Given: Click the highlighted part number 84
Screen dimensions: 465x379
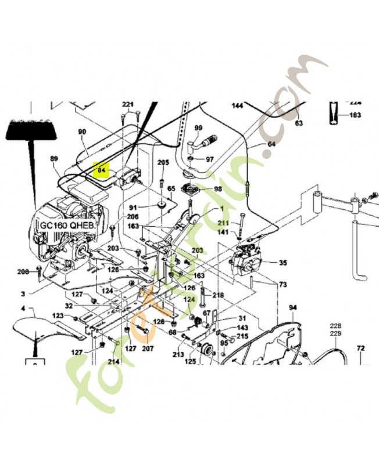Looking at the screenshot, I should tap(102, 170).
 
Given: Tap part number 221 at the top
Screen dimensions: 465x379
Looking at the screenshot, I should tap(128, 105).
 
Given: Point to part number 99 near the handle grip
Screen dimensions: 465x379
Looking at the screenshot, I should tap(198, 128).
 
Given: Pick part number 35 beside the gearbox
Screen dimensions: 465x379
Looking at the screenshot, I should tap(283, 263).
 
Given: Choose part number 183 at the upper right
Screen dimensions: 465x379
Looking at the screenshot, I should tap(355, 115).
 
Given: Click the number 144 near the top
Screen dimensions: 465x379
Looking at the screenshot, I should tap(238, 106).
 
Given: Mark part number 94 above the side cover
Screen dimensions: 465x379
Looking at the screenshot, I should tap(292, 307).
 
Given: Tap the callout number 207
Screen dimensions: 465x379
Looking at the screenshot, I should tap(148, 349).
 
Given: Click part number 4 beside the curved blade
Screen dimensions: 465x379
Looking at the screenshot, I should tap(23, 308).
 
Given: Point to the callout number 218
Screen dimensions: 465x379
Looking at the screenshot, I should tap(218, 295).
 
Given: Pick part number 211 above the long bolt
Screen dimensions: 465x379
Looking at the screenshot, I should tap(223, 223).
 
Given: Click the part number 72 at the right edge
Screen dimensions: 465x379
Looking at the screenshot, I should tap(360, 349).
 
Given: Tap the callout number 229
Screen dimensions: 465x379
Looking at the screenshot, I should tap(336, 334).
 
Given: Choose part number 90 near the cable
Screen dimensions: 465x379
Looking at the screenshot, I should tap(82, 132).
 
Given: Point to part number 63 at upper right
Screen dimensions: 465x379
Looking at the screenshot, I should tap(299, 123).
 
